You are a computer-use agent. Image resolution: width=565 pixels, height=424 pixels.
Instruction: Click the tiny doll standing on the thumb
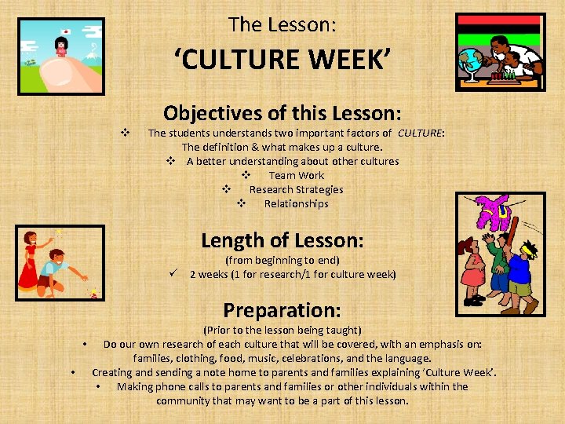point(60,47)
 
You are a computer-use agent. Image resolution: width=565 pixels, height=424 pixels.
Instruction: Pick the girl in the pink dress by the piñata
point(475,275)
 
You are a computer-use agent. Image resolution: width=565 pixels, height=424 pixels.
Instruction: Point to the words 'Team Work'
point(296,175)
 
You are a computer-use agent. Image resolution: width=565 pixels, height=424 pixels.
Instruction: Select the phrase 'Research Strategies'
point(296,189)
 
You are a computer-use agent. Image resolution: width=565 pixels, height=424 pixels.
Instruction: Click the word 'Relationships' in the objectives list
point(296,203)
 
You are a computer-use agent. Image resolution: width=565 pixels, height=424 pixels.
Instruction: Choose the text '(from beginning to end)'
point(282,260)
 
